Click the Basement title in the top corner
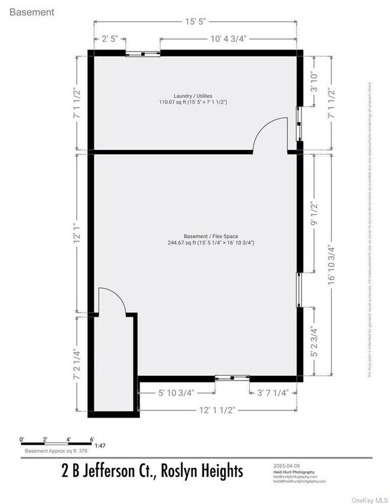click(32, 12)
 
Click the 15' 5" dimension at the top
click(195, 22)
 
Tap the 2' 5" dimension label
click(109, 40)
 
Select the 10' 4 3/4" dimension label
click(228, 40)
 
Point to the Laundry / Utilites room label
click(193, 96)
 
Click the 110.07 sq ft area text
click(193, 102)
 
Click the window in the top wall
click(143, 53)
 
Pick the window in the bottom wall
click(232, 378)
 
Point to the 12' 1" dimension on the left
click(76, 232)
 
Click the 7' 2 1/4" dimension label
click(76, 364)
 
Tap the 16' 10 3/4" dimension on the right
click(332, 265)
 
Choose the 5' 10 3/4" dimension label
click(177, 393)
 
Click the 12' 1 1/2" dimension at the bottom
click(217, 410)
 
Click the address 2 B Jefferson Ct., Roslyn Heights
click(152, 472)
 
